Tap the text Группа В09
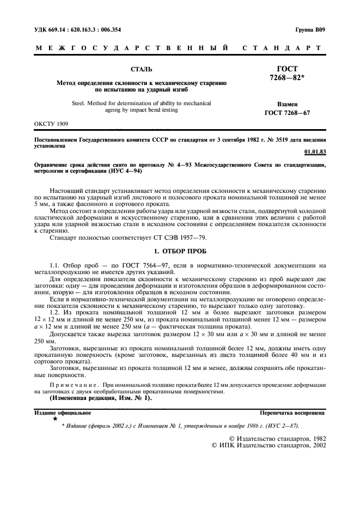tap(310, 29)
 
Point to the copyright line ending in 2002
tap(269, 445)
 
